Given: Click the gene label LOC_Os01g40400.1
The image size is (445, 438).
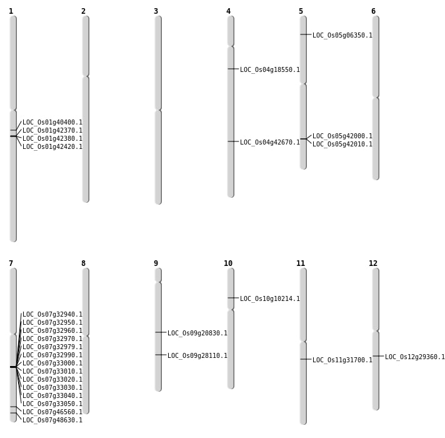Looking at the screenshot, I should pos(52,123).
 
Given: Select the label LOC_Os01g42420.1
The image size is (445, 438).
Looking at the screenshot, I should pos(52,147).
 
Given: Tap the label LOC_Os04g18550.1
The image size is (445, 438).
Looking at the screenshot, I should pos(270,70).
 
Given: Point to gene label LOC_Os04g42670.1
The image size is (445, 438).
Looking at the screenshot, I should pos(270,143).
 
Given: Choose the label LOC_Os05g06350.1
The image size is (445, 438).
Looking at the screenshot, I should pos(342,36).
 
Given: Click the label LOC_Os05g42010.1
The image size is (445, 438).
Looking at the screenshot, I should pos(342,145).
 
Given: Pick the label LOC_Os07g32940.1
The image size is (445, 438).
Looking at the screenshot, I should pos(52,315).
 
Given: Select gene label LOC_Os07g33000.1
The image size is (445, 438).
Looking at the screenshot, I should pos(52,364).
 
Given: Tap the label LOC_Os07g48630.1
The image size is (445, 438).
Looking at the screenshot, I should pos(52,420).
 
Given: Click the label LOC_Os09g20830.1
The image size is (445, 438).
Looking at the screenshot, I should pos(197,334).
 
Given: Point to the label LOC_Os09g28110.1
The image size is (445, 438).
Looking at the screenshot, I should pos(197,356).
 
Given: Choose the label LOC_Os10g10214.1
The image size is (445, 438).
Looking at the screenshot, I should pos(270,299).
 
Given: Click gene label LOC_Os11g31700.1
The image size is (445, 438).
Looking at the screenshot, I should pos(342,360).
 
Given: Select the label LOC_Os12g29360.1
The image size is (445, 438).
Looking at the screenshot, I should pos(415,357).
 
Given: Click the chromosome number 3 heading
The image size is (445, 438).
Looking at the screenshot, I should pos(156,11).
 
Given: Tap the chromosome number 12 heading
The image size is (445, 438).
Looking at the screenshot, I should pos(373,263).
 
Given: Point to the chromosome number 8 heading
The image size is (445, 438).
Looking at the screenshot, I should pos(83,263).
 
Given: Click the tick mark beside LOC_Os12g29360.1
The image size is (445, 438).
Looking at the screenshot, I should pos(378,356).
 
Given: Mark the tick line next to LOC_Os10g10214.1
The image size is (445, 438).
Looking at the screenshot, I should pos(233,298).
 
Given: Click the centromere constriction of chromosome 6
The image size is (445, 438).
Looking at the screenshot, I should pos(376,97).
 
